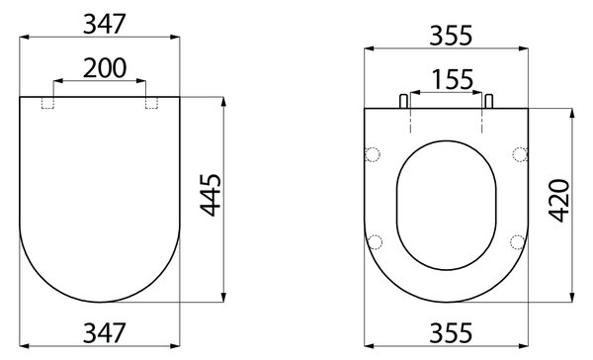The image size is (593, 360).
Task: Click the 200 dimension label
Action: coord(105,68)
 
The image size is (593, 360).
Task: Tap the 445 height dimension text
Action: coord(211,195)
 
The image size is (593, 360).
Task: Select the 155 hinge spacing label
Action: coord(453,80)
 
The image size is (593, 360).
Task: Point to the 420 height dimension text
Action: coord(559,200)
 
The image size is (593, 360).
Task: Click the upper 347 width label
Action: coord(104,24)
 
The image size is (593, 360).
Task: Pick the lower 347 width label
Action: coord(104,333)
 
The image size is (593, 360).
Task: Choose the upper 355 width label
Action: coord(451,36)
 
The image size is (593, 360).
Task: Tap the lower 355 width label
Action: coord(451,333)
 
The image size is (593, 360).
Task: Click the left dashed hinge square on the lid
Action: coord(47,103)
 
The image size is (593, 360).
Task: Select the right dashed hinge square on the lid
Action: coord(151,103)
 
